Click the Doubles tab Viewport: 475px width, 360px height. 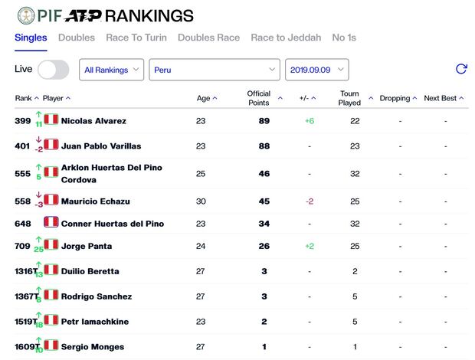point(77,38)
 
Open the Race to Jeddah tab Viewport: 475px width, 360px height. point(286,38)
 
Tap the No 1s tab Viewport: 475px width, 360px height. point(344,38)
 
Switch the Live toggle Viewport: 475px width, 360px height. point(53,70)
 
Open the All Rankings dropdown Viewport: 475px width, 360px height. point(111,70)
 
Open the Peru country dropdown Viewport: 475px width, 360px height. point(214,70)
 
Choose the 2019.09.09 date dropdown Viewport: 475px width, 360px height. point(316,70)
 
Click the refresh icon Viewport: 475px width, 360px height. point(461,69)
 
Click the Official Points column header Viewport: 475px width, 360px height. point(259,98)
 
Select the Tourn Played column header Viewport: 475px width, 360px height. point(349,98)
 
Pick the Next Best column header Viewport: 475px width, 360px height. point(441,98)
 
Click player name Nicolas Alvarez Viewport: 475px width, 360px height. point(93,121)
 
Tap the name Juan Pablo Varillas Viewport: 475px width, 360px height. point(101,146)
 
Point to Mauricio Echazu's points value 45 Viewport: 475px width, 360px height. point(264,201)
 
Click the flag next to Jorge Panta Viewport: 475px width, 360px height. point(51,245)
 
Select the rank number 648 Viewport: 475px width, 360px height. point(23,224)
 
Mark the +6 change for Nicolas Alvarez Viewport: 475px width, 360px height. point(310,121)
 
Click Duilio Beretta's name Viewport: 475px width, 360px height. point(90,271)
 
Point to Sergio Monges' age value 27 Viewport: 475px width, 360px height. point(201,347)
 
